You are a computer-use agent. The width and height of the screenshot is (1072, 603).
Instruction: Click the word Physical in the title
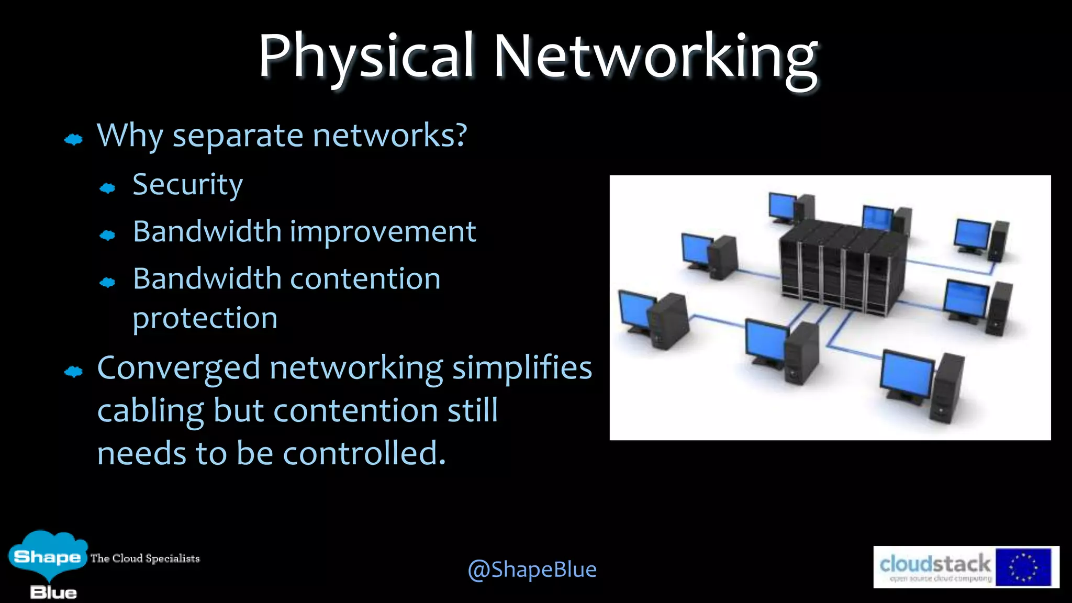click(x=366, y=57)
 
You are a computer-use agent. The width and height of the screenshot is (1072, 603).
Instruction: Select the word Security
click(x=187, y=185)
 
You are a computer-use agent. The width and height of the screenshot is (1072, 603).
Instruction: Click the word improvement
click(x=383, y=232)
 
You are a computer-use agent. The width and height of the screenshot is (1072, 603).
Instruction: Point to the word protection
click(x=205, y=318)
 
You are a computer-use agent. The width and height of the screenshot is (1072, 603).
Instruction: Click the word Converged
click(x=178, y=368)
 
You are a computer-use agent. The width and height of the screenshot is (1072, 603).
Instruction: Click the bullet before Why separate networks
click(x=73, y=139)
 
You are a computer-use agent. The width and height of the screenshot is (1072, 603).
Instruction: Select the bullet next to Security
click(x=107, y=188)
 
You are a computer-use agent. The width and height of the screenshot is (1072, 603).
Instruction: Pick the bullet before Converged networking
click(x=73, y=372)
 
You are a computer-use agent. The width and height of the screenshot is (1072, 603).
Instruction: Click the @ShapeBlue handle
click(x=532, y=569)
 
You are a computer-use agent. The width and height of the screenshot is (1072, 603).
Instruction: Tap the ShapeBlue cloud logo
click(x=47, y=557)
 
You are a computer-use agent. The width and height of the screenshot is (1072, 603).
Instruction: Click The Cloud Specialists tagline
click(x=145, y=559)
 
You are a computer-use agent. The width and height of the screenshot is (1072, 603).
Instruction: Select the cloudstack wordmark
click(x=935, y=564)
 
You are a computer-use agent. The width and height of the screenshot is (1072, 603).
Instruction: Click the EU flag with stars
click(x=1023, y=567)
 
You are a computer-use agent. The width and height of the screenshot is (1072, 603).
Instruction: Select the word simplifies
click(x=522, y=368)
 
